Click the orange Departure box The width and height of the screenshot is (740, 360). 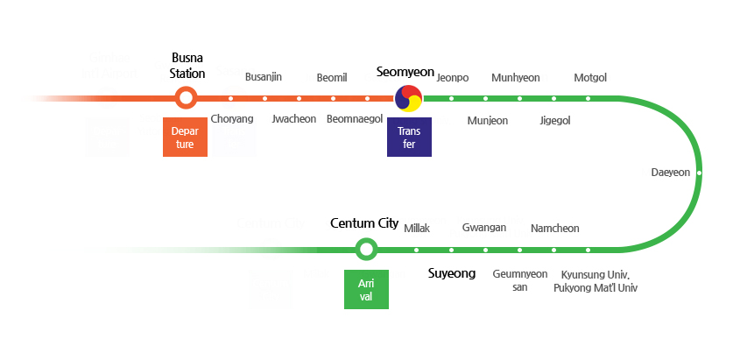[x=185, y=137]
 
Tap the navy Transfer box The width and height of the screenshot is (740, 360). [x=409, y=137]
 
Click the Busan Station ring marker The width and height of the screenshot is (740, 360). [x=186, y=98]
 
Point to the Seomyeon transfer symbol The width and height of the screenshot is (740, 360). [x=408, y=98]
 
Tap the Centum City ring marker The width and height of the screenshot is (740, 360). [x=366, y=250]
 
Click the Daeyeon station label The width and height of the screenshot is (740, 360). [x=670, y=173]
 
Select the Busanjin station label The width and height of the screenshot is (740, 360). [x=263, y=77]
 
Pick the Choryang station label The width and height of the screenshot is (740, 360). [x=232, y=119]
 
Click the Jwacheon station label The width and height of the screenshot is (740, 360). [x=294, y=119]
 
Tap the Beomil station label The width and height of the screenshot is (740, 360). [x=332, y=77]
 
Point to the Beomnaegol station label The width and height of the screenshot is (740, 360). [x=355, y=119]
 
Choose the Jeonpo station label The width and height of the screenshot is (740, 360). [x=452, y=77]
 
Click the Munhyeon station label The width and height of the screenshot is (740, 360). [x=516, y=77]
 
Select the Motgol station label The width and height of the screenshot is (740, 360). [x=590, y=77]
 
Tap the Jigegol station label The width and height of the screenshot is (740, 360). [x=555, y=120]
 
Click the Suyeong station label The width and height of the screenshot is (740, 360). [x=451, y=273]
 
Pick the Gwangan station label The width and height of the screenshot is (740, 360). [x=484, y=228]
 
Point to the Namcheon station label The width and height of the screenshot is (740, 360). [x=554, y=229]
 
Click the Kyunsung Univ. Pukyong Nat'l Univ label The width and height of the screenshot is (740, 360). [x=596, y=280]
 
